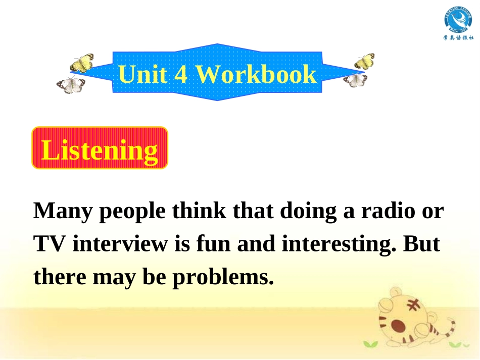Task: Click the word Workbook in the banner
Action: pos(256,75)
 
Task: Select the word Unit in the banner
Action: pos(142,75)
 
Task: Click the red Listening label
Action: pos(100,148)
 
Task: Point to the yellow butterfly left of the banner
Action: pos(82,63)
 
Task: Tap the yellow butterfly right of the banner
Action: pos(364,61)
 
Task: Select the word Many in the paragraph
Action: pos(63,211)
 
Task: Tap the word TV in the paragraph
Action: pos(50,244)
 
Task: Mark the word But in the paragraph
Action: pos(422,244)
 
